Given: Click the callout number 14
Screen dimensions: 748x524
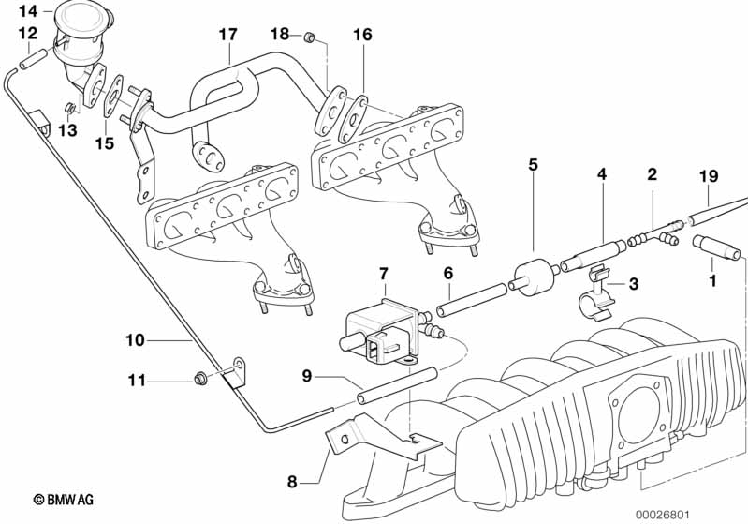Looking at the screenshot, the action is coord(28,10).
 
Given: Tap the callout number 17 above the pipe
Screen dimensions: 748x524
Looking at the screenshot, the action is coord(228,35).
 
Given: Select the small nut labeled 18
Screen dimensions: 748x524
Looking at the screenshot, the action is coord(309,37).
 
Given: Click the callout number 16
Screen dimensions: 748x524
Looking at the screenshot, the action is coord(362,35).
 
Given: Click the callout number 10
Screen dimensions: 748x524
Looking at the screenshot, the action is coord(135,340).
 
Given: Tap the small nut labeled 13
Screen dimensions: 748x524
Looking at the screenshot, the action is coord(70,109).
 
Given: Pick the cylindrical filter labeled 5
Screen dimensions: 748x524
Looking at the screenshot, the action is coord(532,277).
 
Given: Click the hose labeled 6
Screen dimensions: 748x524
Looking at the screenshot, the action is coord(472,300).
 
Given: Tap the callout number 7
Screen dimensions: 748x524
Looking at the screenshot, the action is coord(384,274).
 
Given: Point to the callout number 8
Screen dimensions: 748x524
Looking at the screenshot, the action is coord(292,482).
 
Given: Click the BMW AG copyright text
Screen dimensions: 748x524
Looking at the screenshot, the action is coord(64,500).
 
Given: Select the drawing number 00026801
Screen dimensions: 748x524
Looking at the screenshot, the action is coord(662,515).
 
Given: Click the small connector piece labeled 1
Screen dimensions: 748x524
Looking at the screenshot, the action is coord(716,247).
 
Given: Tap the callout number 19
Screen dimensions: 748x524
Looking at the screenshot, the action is coord(709,176).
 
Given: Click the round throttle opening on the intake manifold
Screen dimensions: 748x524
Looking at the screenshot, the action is coord(638,414).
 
